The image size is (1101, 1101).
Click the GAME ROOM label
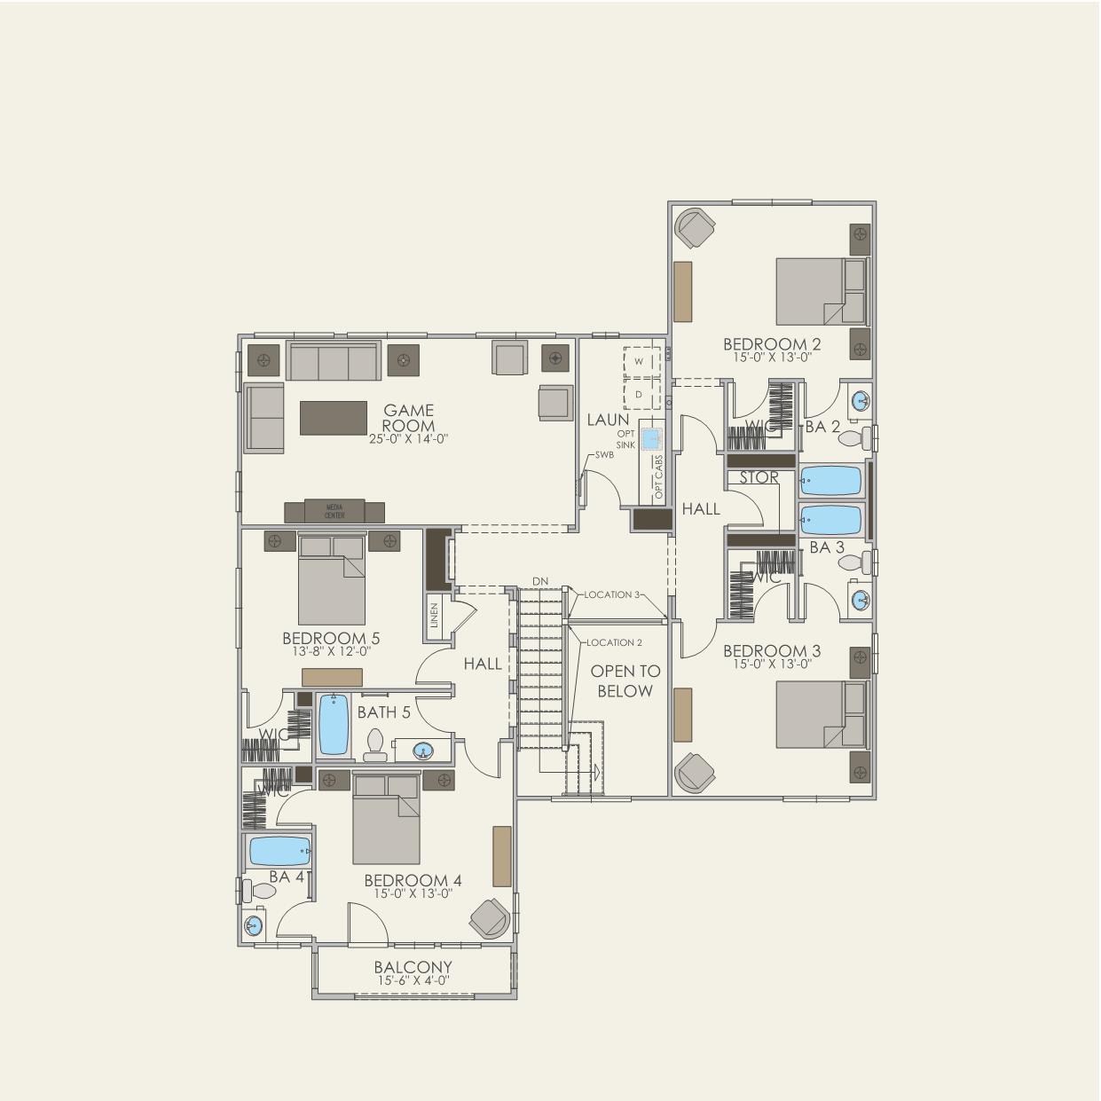coord(409,418)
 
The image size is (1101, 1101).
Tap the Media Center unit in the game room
coord(334,511)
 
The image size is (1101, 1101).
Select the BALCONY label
coord(413,968)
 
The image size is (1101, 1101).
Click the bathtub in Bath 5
coord(334,724)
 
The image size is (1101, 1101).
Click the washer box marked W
coord(639,361)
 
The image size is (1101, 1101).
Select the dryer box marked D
coord(639,394)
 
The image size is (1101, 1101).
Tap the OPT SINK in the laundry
coord(652,438)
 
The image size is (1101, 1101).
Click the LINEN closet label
coord(434,615)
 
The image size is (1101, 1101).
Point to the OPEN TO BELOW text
coord(625,681)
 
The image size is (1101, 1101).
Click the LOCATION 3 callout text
coord(612,594)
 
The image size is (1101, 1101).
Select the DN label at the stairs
coord(540,581)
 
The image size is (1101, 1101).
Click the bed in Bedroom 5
coord(332,580)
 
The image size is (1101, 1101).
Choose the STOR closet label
coord(759,477)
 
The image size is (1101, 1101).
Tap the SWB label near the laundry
coord(604,454)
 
